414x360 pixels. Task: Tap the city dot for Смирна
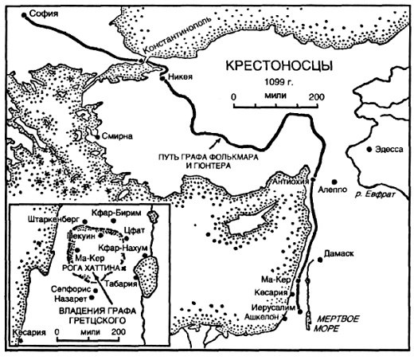point(97,136)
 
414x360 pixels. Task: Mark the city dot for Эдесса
point(368,150)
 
